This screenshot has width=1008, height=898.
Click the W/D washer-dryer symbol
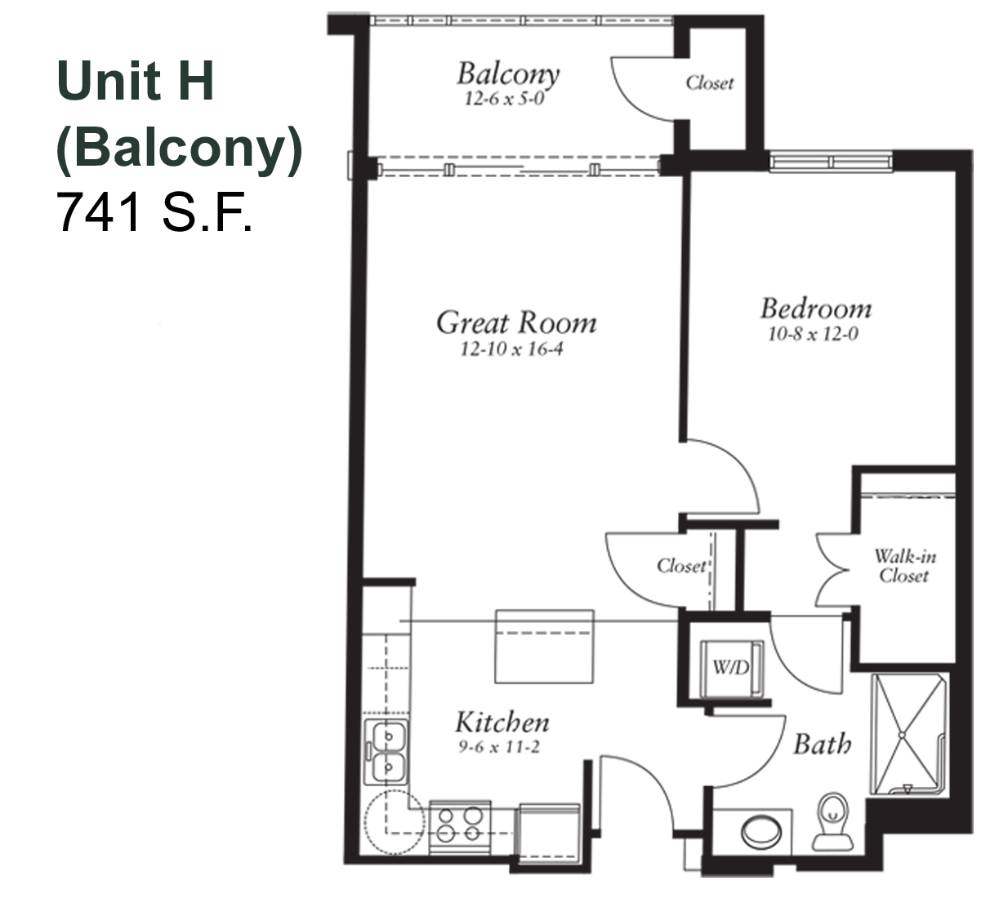(731, 669)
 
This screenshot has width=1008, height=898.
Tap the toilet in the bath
(832, 821)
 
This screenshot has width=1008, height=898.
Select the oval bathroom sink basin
(760, 831)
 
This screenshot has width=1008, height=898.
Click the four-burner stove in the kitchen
(460, 828)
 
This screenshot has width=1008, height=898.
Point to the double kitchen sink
(386, 753)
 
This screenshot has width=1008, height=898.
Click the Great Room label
(516, 322)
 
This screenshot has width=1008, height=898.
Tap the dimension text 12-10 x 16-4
(511, 349)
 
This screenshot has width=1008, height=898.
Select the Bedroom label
(816, 309)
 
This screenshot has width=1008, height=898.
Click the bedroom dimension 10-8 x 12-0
(813, 334)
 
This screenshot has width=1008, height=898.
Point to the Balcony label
(508, 74)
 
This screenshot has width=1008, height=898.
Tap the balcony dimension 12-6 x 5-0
(504, 99)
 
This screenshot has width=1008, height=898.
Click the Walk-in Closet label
(905, 566)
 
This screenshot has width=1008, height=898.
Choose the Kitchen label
(502, 722)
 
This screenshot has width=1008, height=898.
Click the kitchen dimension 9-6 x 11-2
(499, 747)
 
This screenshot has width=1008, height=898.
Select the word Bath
(822, 745)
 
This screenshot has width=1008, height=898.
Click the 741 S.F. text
(154, 212)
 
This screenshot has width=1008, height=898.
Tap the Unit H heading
(136, 80)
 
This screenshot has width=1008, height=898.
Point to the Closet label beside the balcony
(710, 83)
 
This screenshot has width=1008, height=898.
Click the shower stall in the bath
(908, 735)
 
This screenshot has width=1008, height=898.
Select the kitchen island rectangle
(544, 647)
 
